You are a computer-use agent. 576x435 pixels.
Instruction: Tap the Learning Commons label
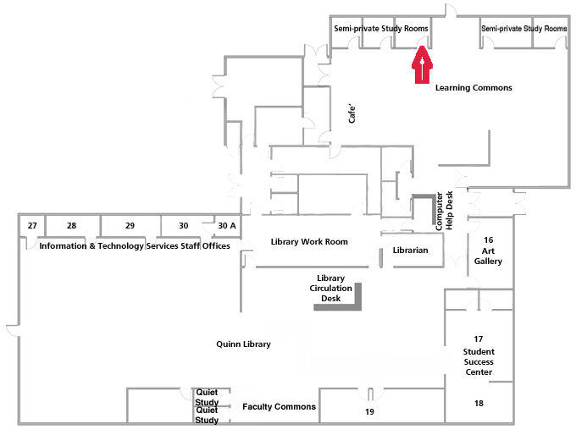coord(474,88)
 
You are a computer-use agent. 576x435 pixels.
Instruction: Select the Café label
coord(355,113)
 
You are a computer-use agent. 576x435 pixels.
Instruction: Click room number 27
coord(32,226)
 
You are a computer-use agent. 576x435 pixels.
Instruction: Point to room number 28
coord(71,226)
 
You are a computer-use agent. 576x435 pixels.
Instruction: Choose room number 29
coord(130,226)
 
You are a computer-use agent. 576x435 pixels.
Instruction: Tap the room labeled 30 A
coord(227,226)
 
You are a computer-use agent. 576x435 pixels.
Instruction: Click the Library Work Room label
coord(309,242)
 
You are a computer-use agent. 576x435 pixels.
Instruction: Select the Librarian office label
coord(411,251)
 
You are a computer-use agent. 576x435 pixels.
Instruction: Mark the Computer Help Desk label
coord(445,211)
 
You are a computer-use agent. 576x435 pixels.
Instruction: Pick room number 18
coord(479,404)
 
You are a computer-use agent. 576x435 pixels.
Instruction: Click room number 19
coord(369,412)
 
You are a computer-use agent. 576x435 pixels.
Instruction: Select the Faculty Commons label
coord(279,407)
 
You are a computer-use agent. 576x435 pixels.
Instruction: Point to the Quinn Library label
coord(244,344)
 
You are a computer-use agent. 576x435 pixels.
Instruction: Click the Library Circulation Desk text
coord(330,288)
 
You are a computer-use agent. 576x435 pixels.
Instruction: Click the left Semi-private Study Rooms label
coord(381,29)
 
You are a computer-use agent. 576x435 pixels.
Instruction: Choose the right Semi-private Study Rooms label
coord(523,29)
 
